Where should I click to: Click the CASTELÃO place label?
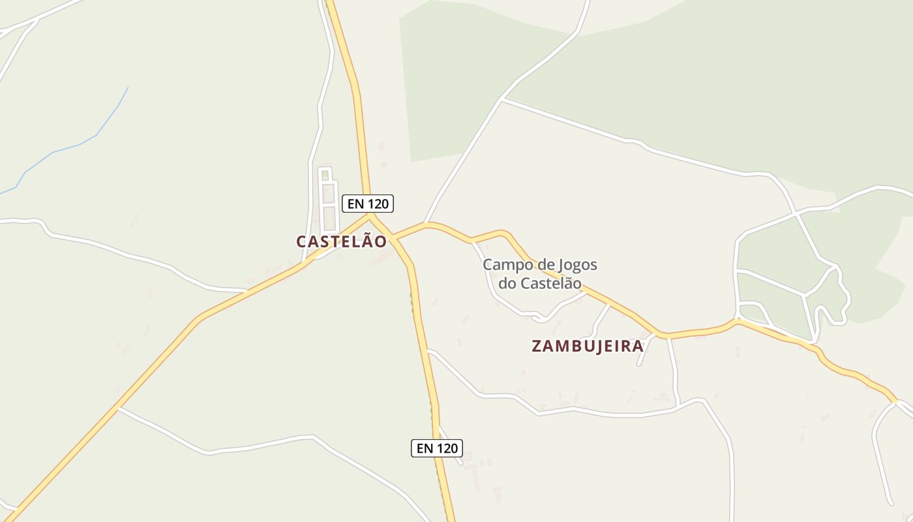[x=341, y=241]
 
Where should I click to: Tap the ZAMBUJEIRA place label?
[x=588, y=346]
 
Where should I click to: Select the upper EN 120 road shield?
[x=368, y=204]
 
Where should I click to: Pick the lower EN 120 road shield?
[x=437, y=448]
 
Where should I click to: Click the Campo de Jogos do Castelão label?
[x=540, y=274]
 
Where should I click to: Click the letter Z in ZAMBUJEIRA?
[x=537, y=346]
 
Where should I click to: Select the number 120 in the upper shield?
[x=378, y=204]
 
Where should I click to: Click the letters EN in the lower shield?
[x=425, y=448]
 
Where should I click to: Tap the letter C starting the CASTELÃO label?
[x=302, y=241]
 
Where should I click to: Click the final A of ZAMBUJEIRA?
[x=638, y=346]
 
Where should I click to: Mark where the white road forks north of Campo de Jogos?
[x=501, y=99]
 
